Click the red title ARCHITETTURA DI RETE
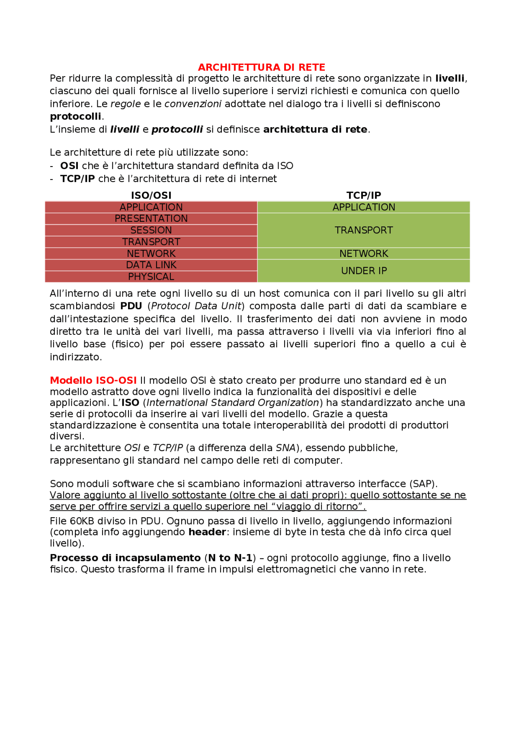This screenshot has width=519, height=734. point(262,67)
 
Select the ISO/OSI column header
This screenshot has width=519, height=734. point(151,195)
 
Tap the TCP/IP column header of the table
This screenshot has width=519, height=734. point(364,195)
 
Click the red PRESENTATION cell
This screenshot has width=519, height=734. point(151,218)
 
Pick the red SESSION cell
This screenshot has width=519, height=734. point(151,230)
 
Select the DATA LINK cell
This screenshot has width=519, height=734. point(151,265)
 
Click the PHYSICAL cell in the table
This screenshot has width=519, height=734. point(151,277)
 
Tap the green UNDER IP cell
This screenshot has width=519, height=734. point(364,271)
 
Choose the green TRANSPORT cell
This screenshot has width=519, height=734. point(364,230)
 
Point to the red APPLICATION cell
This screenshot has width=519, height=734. point(151,207)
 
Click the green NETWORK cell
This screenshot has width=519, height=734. point(364,254)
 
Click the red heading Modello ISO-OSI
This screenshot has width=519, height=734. point(93,381)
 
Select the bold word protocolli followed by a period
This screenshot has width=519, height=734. point(75,117)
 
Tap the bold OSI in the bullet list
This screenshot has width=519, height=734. point(69,166)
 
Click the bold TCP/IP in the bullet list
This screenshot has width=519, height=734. point(77,179)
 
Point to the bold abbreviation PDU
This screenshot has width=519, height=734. point(131,306)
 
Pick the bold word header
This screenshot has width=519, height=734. point(207,532)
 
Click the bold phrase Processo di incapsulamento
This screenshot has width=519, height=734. point(125,558)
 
